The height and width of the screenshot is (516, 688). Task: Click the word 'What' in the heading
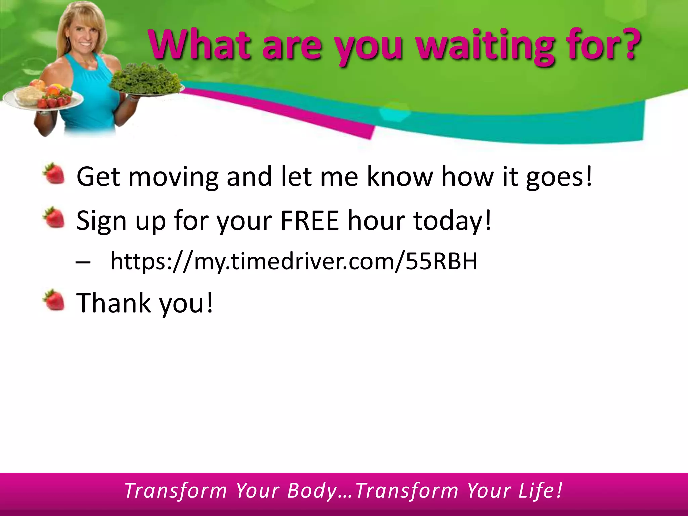[200, 45]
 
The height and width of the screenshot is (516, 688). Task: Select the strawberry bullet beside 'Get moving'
[54, 173]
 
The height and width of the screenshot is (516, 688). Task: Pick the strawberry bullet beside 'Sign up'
[54, 217]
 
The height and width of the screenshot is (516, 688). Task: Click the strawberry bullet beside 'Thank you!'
[54, 300]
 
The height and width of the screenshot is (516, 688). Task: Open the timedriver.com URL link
[294, 261]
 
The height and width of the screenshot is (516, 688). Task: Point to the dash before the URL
[83, 262]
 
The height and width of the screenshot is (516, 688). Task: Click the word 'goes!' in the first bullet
[559, 177]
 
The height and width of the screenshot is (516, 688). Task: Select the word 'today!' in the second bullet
[452, 221]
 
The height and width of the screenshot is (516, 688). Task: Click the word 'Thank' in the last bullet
[114, 303]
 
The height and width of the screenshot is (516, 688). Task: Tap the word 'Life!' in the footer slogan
[540, 491]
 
